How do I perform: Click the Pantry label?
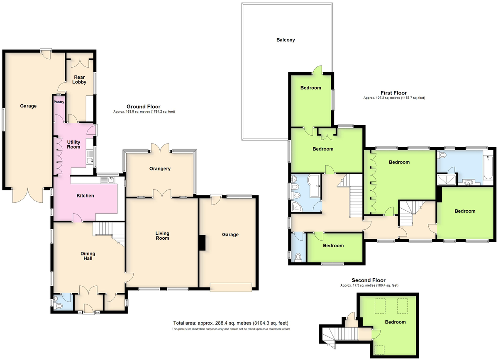tap(59, 102)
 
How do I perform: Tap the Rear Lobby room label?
tap(79, 80)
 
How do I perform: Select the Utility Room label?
tap(73, 144)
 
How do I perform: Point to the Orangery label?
tap(160, 169)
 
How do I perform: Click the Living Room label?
tap(162, 236)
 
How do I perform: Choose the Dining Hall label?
tap(88, 256)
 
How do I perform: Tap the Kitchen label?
tap(85, 196)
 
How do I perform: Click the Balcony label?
tap(286, 40)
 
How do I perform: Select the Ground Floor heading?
tap(144, 107)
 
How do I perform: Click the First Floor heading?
tap(393, 93)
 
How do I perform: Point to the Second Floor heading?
tap(369, 280)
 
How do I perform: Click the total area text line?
tap(231, 323)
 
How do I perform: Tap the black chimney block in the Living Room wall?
tap(202, 243)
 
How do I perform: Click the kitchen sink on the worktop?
tap(107, 180)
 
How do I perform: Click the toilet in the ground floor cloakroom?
tap(58, 306)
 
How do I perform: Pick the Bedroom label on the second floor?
tap(395, 322)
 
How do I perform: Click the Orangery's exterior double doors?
tap(160, 148)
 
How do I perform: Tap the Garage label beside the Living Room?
tap(230, 235)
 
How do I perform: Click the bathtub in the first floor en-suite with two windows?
tap(488, 168)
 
